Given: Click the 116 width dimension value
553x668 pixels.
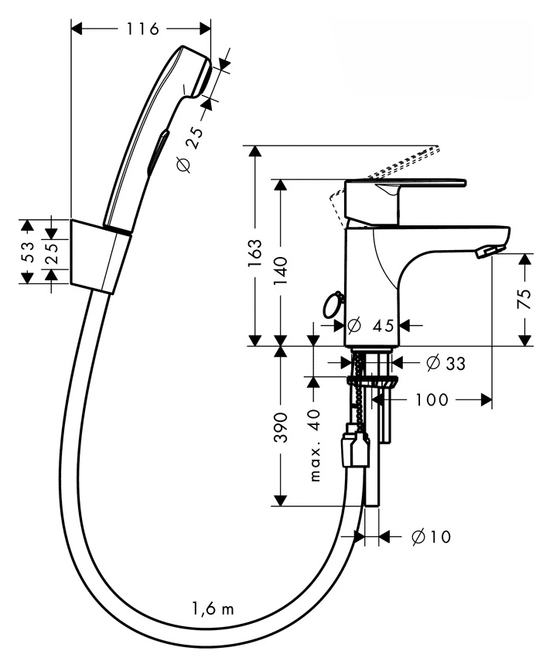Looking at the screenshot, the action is point(142,29).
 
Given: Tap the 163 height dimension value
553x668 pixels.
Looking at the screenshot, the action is point(255,253).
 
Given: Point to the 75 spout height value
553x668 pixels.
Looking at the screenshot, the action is point(526,299).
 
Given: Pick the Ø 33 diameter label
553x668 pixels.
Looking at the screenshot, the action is point(445,363).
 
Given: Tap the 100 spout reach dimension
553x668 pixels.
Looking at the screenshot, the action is point(432,399).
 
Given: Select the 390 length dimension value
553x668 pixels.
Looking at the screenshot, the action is point(281,426).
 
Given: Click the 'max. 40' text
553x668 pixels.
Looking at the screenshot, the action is point(315,445).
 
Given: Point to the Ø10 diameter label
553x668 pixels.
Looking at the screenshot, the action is point(432,536).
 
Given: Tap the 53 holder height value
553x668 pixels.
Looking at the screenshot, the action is point(27,252).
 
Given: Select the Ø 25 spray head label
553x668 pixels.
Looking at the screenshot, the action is point(189,149).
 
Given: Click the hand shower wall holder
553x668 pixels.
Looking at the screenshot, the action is point(100,256).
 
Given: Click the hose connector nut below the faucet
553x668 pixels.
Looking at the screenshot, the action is point(353,450).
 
